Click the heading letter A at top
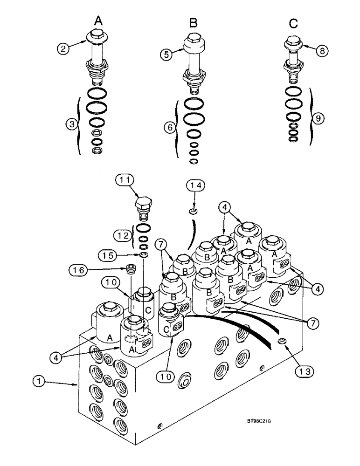click(x=98, y=21)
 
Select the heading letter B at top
click(x=193, y=22)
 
